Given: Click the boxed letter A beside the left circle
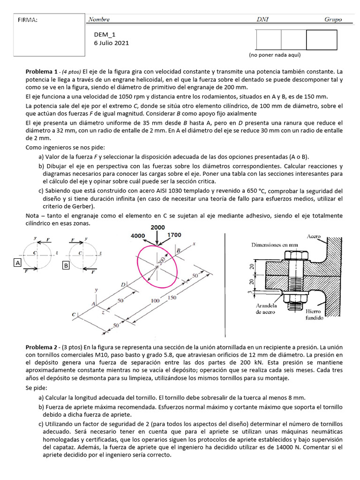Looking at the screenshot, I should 18,263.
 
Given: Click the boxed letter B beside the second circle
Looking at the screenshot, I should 66,266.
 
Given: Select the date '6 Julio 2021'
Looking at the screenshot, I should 112,43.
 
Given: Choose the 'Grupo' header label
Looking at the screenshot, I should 333,20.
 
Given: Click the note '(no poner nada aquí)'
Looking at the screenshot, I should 274,55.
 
